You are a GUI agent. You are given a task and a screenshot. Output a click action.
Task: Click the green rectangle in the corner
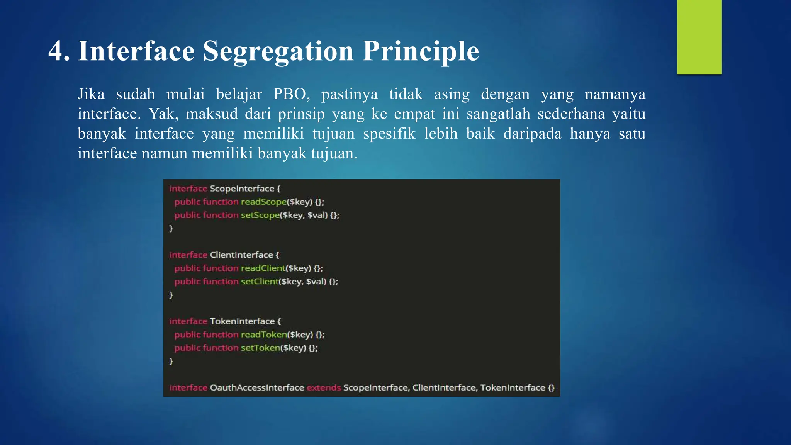(x=699, y=37)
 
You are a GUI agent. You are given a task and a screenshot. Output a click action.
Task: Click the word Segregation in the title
(x=278, y=51)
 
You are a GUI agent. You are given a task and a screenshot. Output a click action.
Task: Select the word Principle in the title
(x=421, y=51)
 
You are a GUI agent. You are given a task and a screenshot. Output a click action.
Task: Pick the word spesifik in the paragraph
(x=389, y=134)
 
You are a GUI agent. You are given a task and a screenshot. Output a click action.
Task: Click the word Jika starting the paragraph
(x=91, y=94)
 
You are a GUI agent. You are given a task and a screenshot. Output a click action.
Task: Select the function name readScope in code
(x=263, y=202)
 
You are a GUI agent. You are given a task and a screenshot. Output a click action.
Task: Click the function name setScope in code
(x=260, y=215)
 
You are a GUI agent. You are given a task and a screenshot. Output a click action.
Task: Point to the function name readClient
(x=263, y=268)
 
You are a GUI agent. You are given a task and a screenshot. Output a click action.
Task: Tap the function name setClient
(x=259, y=282)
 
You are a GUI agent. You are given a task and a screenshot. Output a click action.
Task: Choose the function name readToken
(x=264, y=335)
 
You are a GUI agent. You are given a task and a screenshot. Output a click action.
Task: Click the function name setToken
(x=260, y=348)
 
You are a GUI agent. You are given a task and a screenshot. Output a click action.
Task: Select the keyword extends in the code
(x=324, y=387)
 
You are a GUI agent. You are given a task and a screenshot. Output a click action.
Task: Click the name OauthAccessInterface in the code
(x=257, y=387)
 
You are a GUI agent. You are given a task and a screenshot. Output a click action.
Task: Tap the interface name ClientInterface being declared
(x=241, y=255)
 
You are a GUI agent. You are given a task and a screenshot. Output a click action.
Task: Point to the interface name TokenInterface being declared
(x=242, y=321)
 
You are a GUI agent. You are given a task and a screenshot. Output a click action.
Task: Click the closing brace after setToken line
(x=171, y=361)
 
